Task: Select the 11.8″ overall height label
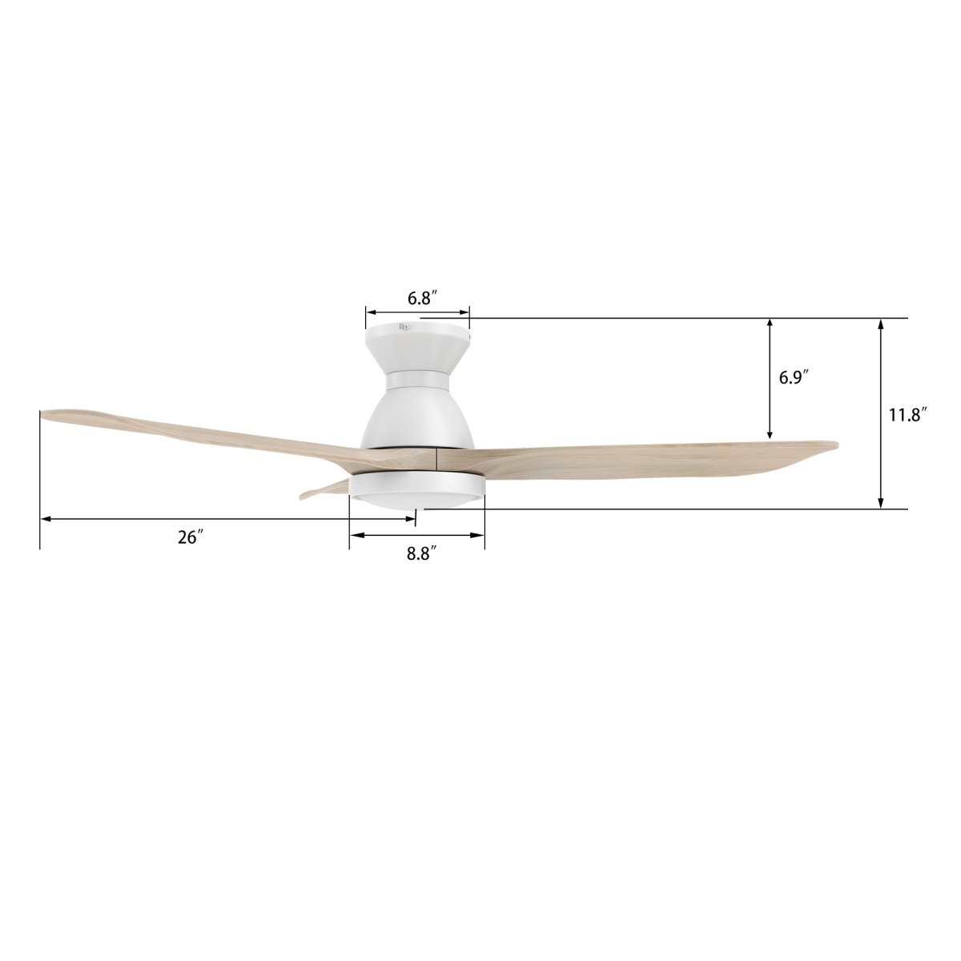tap(907, 415)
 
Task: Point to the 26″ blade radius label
tap(188, 537)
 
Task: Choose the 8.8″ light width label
tap(420, 553)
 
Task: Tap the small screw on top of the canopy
tap(404, 326)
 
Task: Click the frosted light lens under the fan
tap(416, 500)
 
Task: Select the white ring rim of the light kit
tap(416, 483)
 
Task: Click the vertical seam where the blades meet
tap(436, 459)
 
